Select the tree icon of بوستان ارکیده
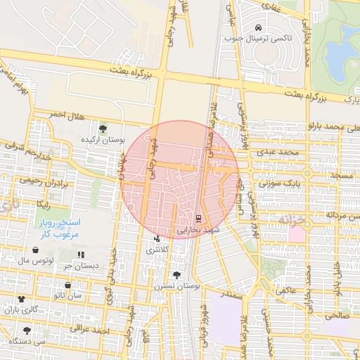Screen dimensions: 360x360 (x=103, y=129)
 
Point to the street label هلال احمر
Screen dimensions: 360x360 (x=66, y=114)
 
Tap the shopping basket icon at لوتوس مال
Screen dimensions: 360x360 (x=35, y=250)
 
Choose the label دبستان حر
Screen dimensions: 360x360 (x=77, y=265)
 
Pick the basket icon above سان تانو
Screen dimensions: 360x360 (x=67, y=285)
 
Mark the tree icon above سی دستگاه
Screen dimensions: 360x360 (x=27, y=330)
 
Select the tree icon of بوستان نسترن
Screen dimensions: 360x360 (x=176, y=275)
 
